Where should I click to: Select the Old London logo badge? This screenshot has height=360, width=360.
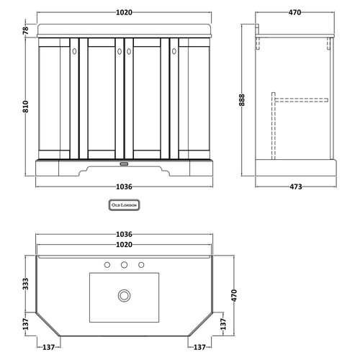pos(123,205)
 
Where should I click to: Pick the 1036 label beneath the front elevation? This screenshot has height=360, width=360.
pos(123,188)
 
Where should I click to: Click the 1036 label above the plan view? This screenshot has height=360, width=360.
pos(124,235)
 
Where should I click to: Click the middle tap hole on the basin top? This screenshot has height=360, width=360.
pos(125,265)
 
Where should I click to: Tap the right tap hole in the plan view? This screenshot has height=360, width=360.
pos(140,265)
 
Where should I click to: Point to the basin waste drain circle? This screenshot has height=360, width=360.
pos(125,295)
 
